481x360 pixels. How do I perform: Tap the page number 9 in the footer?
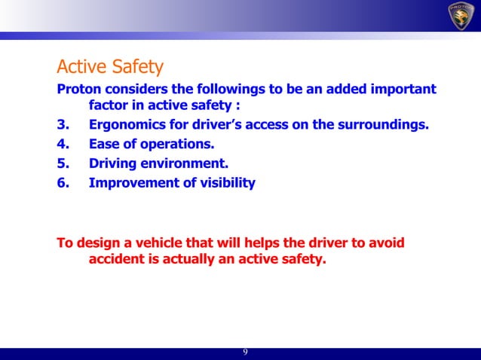245,353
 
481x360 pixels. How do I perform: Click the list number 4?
63,143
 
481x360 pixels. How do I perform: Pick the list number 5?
63,163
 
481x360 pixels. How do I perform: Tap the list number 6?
63,182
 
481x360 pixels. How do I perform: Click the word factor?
110,105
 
